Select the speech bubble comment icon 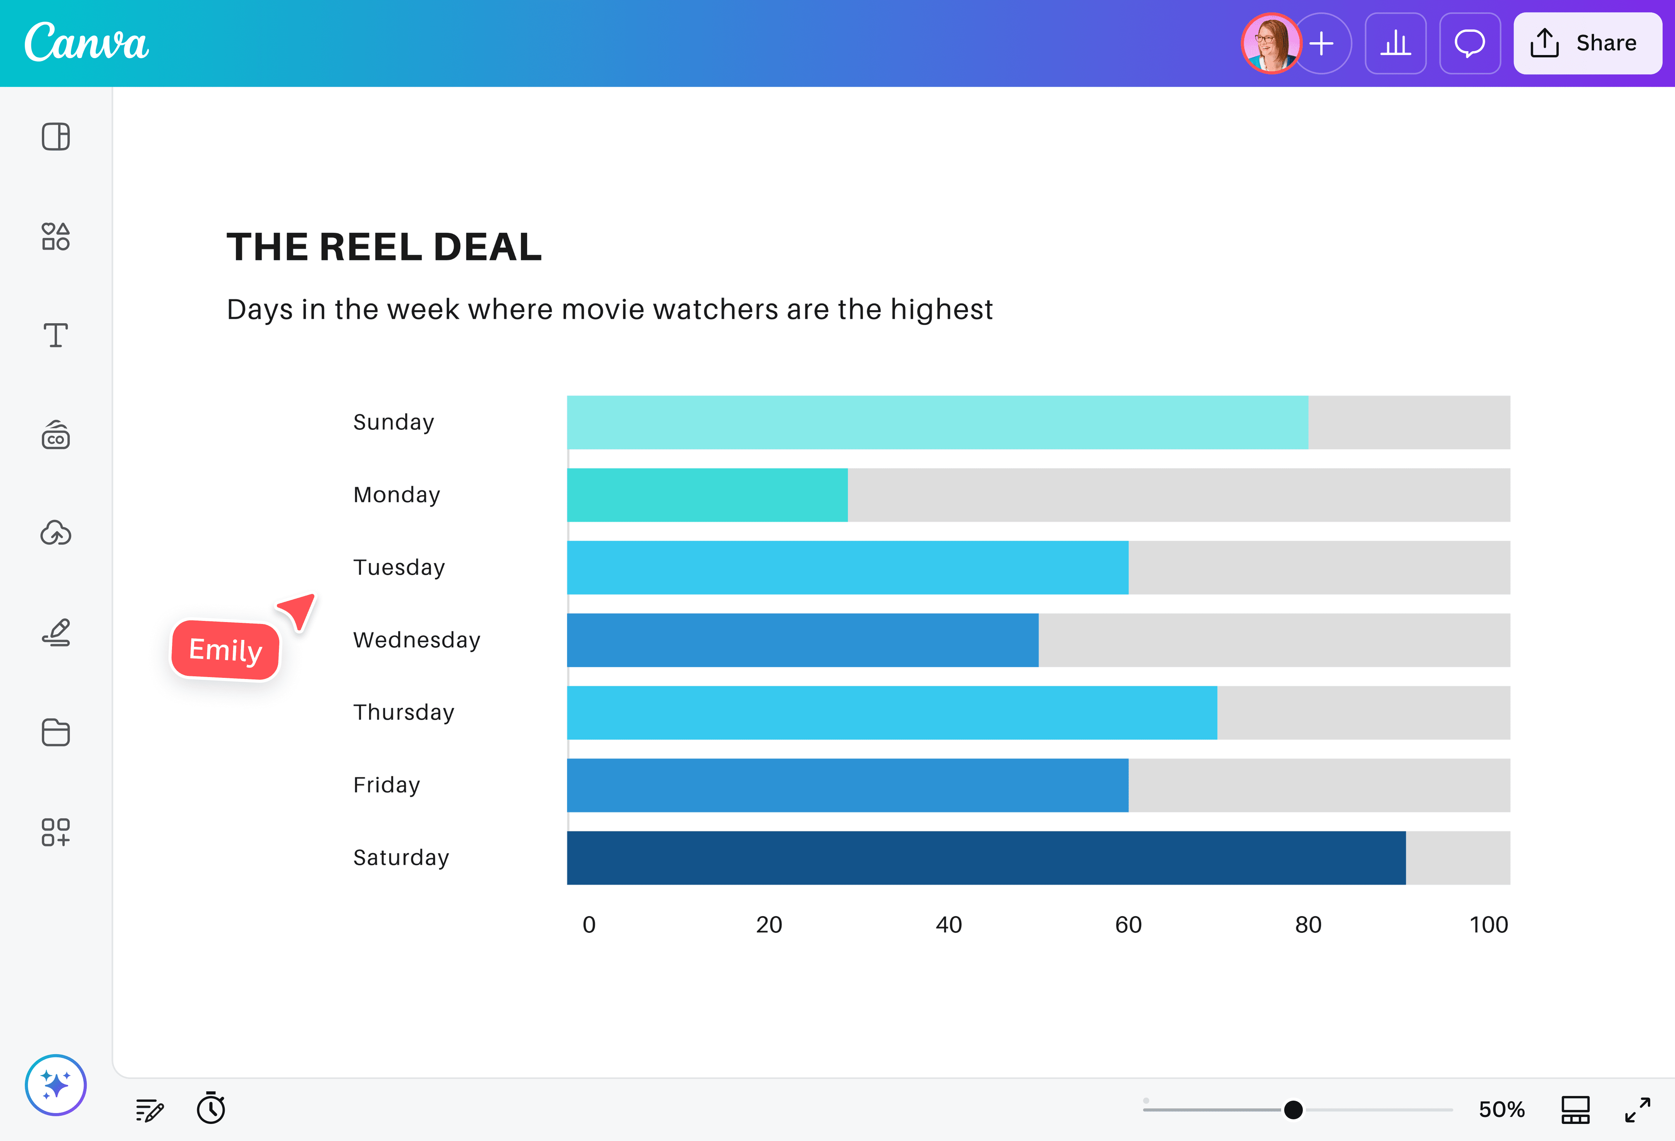click(x=1470, y=43)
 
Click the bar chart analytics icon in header click(x=1395, y=43)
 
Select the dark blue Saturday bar click(x=986, y=858)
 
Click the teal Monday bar click(x=707, y=495)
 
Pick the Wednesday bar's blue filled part click(x=802, y=640)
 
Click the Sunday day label click(x=394, y=422)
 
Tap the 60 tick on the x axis click(x=1128, y=925)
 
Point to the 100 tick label click(x=1488, y=925)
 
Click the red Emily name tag click(x=225, y=650)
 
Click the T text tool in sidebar click(x=55, y=335)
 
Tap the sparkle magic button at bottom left click(x=55, y=1085)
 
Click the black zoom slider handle click(x=1293, y=1109)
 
